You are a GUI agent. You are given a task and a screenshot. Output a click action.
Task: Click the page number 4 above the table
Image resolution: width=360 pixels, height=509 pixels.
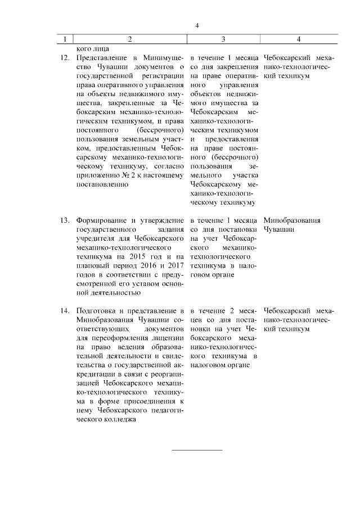(x=197, y=25)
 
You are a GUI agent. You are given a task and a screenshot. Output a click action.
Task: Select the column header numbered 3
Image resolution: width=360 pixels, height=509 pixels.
(x=224, y=39)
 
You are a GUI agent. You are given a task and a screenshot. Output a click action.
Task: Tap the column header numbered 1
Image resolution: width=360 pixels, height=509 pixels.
(x=65, y=39)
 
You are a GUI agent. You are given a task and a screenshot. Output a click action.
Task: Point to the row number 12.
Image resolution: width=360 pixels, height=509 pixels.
(x=64, y=58)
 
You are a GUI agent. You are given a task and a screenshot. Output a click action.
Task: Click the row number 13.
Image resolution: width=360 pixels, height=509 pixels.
(x=64, y=220)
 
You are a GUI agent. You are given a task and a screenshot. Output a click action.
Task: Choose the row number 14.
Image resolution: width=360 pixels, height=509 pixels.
(x=64, y=310)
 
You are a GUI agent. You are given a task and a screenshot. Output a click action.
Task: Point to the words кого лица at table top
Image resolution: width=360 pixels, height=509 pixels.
(x=88, y=49)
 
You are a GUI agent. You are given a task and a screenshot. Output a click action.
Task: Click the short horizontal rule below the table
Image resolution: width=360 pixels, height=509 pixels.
(x=197, y=450)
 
